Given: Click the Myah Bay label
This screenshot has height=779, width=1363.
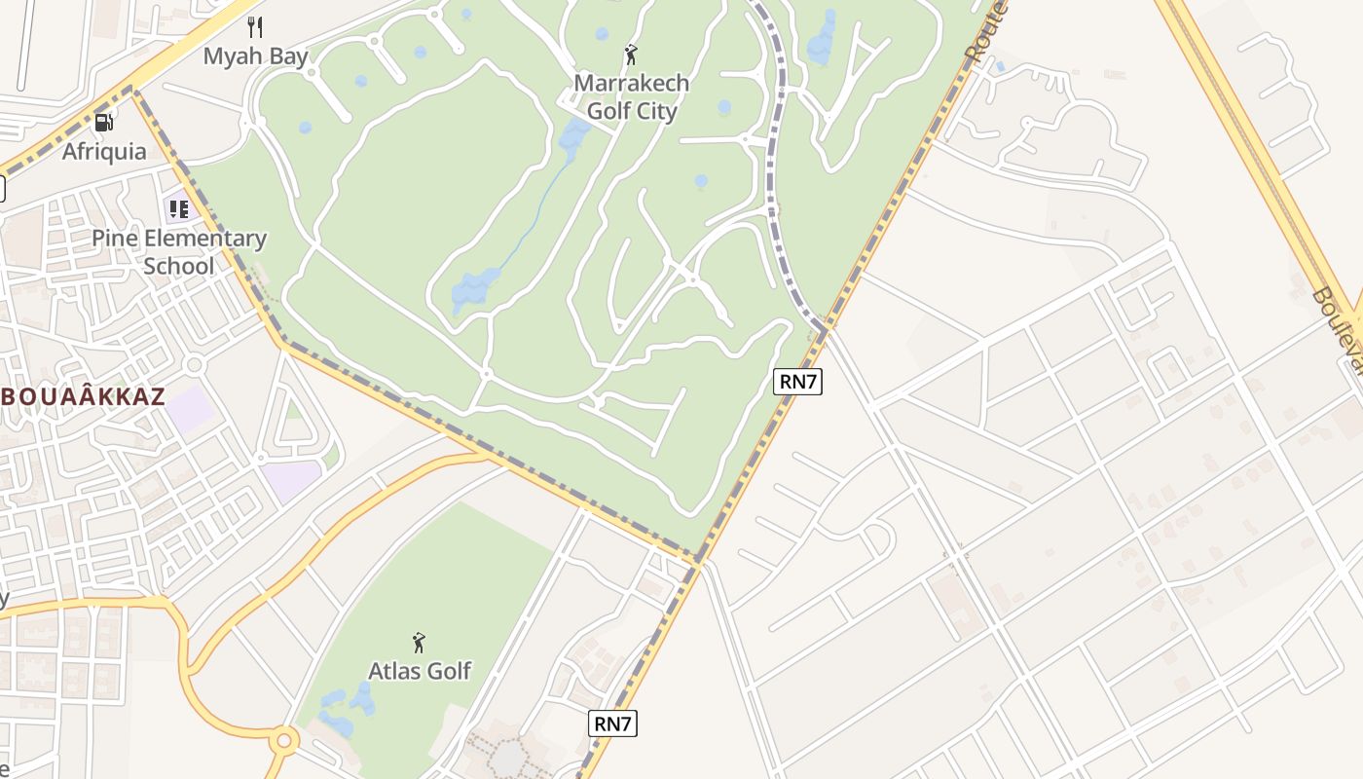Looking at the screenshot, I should point(255,56).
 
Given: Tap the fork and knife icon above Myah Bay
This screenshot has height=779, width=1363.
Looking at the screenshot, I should point(255,26).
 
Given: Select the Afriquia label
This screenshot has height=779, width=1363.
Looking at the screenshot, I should point(104,152).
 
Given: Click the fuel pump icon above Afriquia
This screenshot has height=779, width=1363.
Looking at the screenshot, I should point(103,123).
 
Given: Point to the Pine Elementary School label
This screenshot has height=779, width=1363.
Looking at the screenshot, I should point(179,252).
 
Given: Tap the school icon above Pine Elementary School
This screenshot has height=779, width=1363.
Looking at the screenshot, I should point(178,208).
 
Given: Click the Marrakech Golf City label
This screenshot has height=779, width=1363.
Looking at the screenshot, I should point(631,97).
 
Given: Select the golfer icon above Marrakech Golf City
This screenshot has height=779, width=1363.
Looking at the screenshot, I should point(631,55).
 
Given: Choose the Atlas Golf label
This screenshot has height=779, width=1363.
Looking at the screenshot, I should point(419,671).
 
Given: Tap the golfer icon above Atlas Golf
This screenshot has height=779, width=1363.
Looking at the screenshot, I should point(419,643).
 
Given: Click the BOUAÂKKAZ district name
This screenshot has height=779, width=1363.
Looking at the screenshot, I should point(84,397).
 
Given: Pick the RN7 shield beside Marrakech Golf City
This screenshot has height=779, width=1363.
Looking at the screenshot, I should point(798,382).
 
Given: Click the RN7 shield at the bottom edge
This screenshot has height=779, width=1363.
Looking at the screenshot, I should point(613,723).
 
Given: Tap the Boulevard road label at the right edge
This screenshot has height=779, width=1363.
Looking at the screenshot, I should point(1339,331).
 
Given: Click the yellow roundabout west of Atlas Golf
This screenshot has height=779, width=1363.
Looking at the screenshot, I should point(283,741).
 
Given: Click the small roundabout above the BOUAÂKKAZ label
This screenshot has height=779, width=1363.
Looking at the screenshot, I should point(194,365).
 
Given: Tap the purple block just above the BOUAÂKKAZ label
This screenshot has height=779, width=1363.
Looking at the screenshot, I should point(190,407).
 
